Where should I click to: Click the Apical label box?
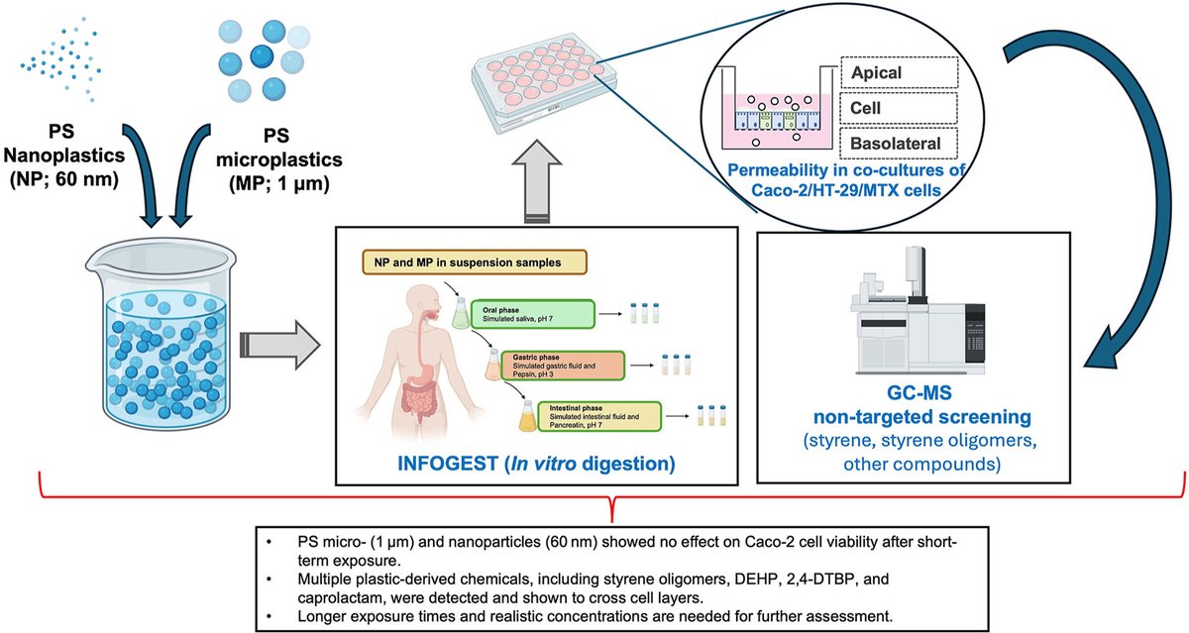click(x=900, y=72)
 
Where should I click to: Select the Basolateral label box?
click(x=899, y=144)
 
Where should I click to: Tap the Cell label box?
click(x=899, y=108)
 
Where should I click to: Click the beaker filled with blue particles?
click(x=161, y=334)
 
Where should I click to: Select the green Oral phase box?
click(x=532, y=314)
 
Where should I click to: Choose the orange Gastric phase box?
click(x=563, y=366)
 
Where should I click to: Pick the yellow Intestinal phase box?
click(x=599, y=416)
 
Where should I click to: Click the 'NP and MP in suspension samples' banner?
click(x=475, y=263)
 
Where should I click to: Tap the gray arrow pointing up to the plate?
click(x=537, y=181)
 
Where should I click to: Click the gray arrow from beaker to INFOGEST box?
click(x=279, y=345)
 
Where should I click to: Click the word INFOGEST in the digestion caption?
click(x=448, y=464)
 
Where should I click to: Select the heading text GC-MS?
click(x=919, y=393)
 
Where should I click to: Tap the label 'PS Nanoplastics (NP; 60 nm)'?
click(x=63, y=156)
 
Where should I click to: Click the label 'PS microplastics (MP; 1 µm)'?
click(x=279, y=159)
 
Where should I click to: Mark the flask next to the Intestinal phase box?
click(x=527, y=416)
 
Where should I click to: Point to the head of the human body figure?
click(x=424, y=302)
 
